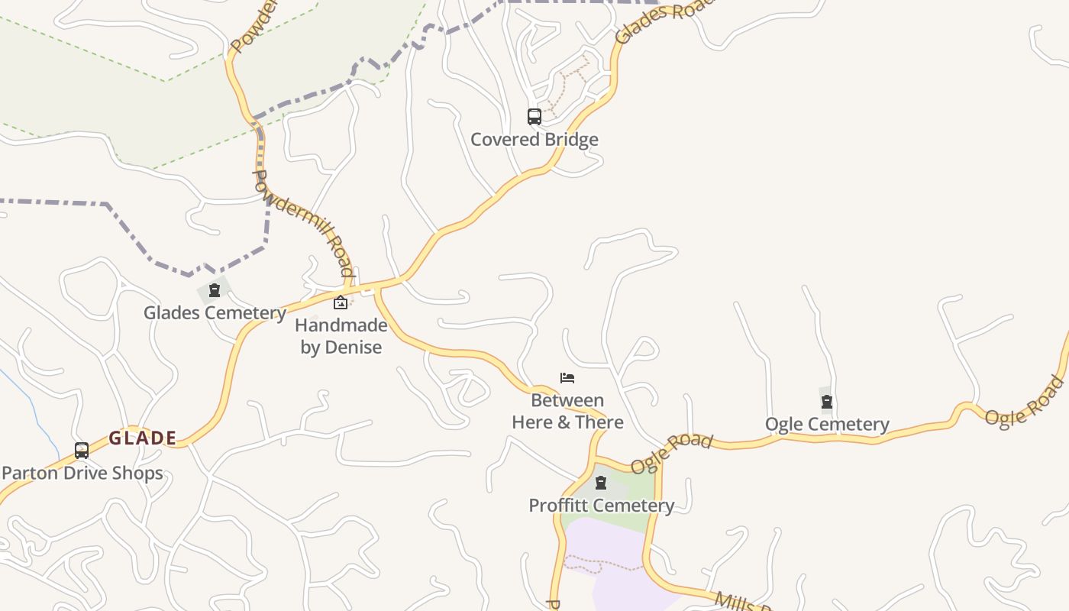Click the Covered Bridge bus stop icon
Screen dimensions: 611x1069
[534, 117]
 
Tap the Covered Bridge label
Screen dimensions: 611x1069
[534, 140]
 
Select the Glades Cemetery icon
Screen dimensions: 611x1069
[215, 290]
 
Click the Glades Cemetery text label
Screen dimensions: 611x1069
[215, 313]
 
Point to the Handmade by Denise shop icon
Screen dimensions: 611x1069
[341, 303]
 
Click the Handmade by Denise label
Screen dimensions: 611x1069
[341, 336]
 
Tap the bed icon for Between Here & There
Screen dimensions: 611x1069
[567, 378]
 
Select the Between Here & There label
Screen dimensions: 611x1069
[567, 411]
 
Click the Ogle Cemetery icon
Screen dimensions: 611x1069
[826, 402]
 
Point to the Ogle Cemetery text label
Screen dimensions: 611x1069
[827, 425]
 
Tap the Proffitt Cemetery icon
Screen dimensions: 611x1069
[601, 483]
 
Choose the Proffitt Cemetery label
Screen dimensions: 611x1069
[601, 506]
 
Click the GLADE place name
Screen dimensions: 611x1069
[143, 438]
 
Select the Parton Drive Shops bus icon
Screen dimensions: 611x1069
[82, 451]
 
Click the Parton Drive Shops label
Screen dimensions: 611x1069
[82, 474]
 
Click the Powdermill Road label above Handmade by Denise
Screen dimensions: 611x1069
[303, 223]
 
